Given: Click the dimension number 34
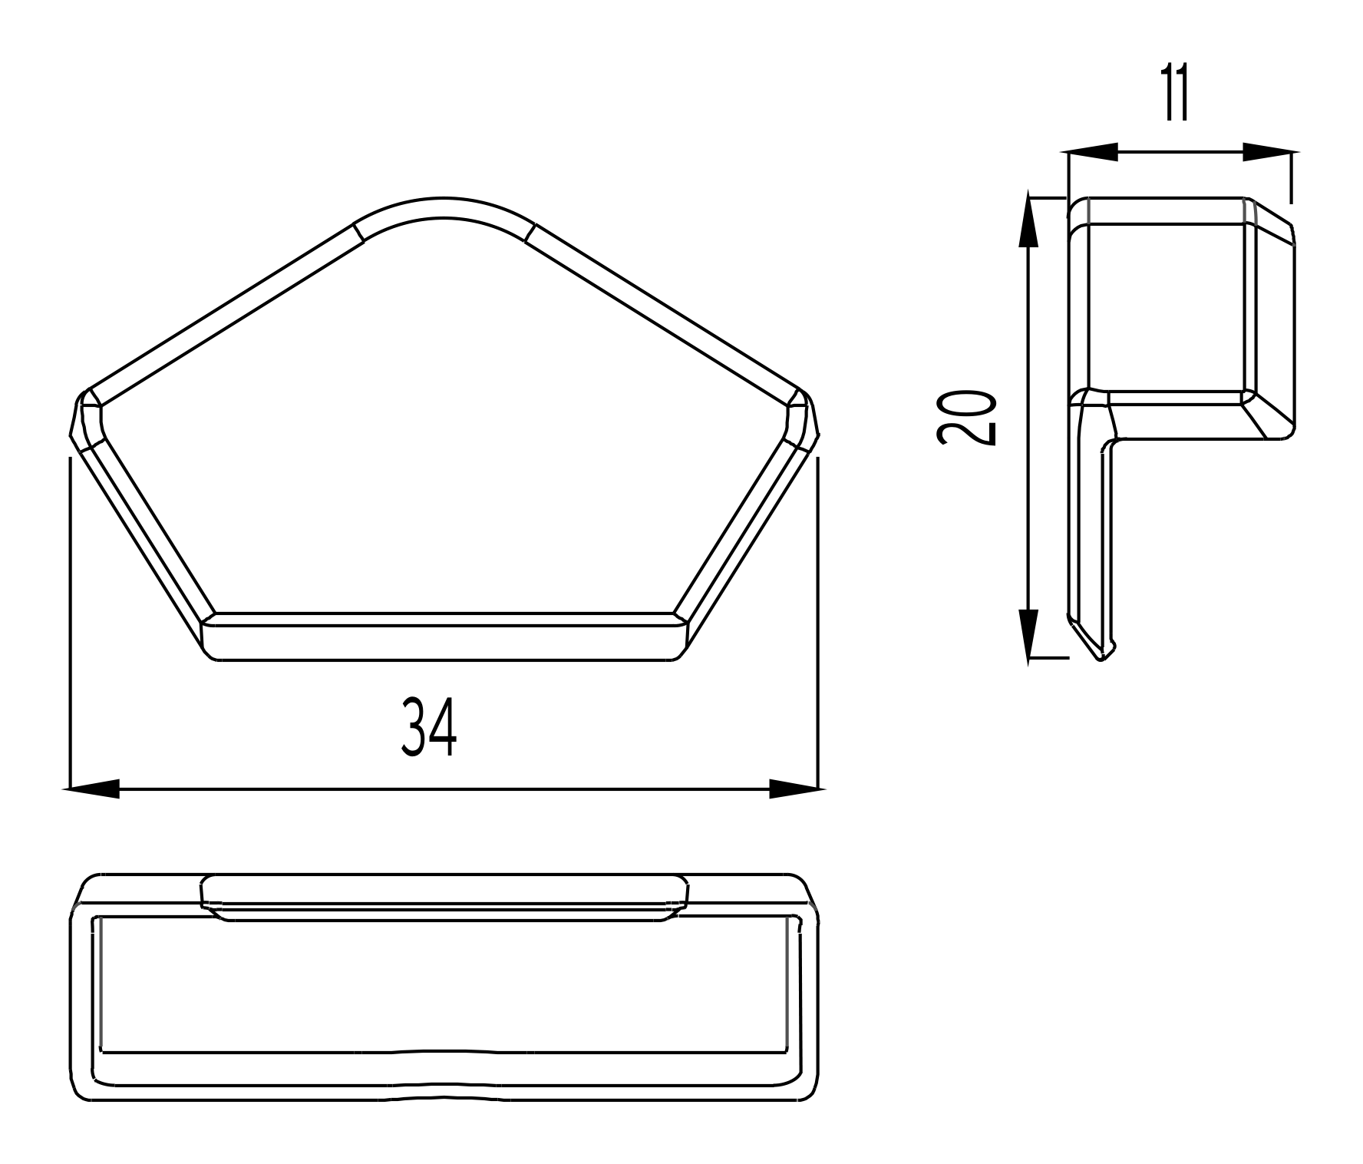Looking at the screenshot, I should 429,727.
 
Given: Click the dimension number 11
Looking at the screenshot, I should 1174,94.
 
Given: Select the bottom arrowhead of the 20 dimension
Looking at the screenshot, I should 1028,634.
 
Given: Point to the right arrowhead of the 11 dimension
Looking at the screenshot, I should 1268,152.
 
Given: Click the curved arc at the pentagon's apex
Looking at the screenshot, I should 443,206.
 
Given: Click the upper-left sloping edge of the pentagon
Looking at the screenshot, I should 223,312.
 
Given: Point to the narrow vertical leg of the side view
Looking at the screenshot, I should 1090,530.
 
